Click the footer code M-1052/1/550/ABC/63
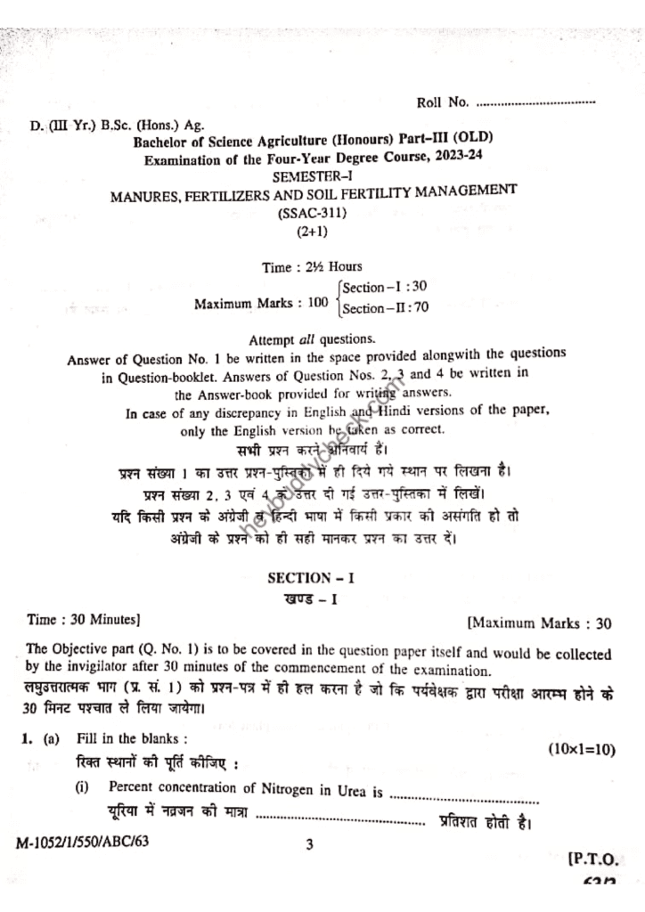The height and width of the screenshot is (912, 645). coord(79,843)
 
